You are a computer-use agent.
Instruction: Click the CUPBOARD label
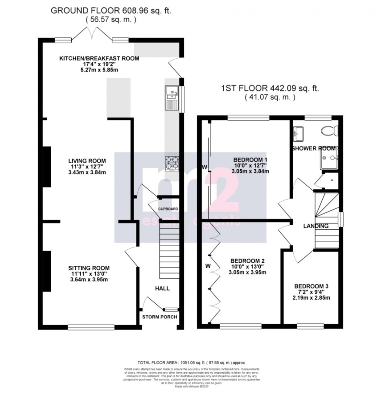click(x=168, y=209)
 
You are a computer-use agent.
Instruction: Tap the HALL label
click(x=162, y=288)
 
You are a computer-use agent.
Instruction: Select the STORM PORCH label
click(x=160, y=317)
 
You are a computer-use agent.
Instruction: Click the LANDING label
click(x=316, y=226)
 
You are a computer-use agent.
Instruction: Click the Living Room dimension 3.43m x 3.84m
click(x=87, y=172)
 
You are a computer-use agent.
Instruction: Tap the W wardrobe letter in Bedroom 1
click(x=204, y=167)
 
